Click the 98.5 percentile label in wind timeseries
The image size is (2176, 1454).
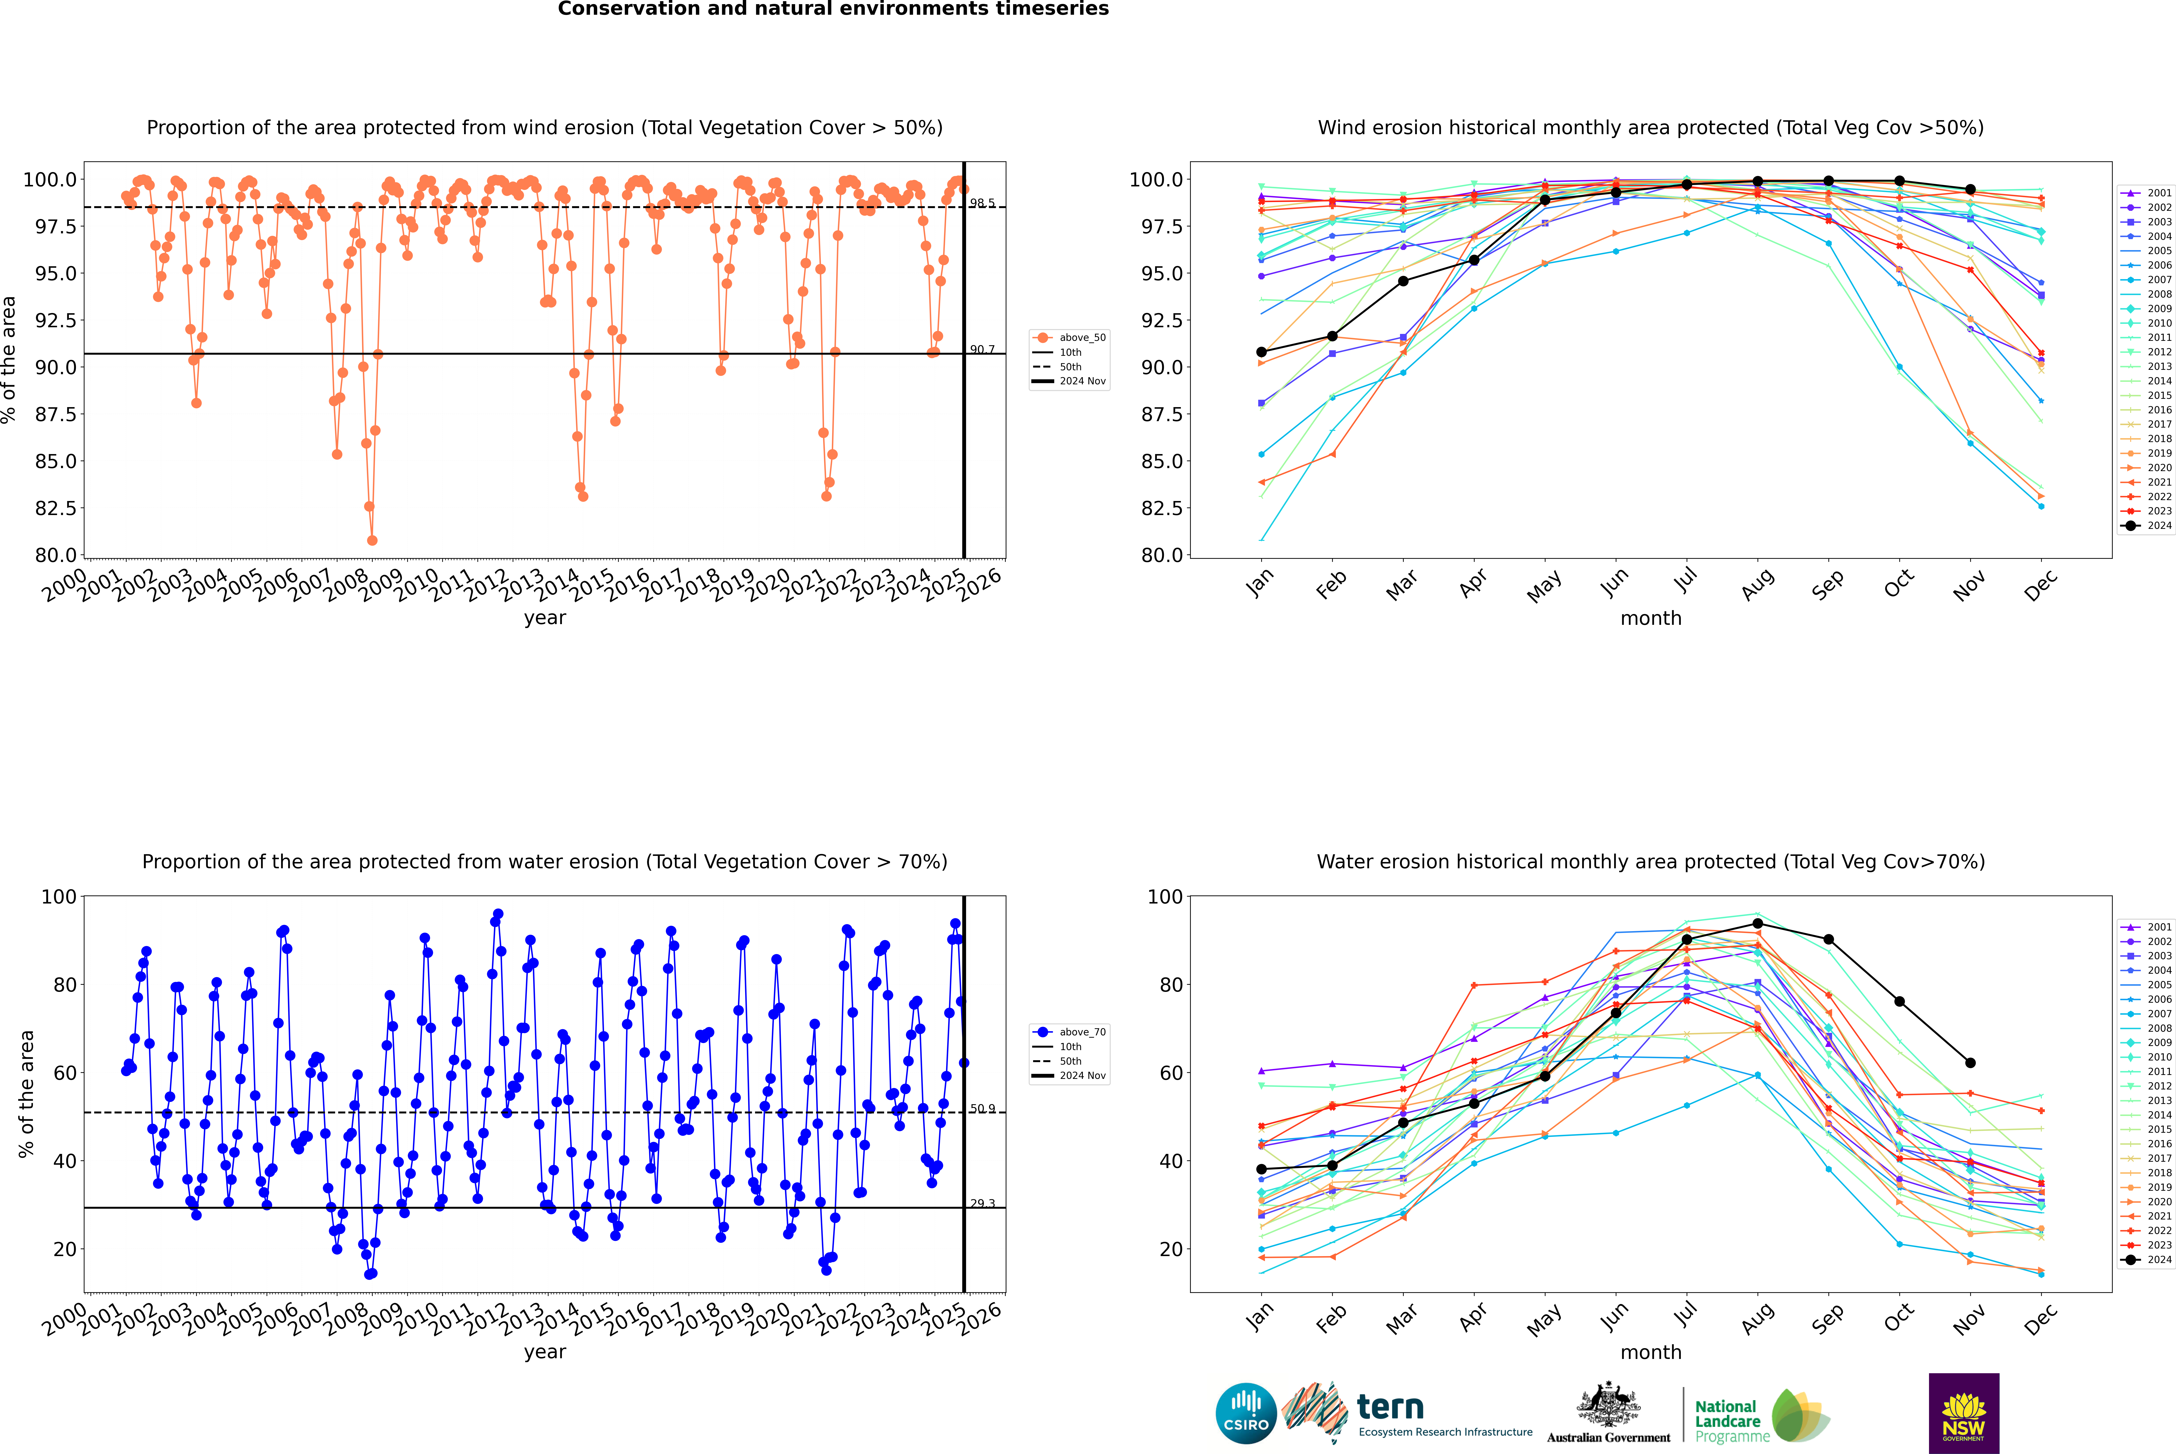982,203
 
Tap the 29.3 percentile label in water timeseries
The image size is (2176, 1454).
982,1204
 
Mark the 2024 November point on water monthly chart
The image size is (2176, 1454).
1970,1063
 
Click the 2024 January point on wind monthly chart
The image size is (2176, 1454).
1261,352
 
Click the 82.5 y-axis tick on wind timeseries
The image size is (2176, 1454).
56,508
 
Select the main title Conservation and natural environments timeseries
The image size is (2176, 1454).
833,9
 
